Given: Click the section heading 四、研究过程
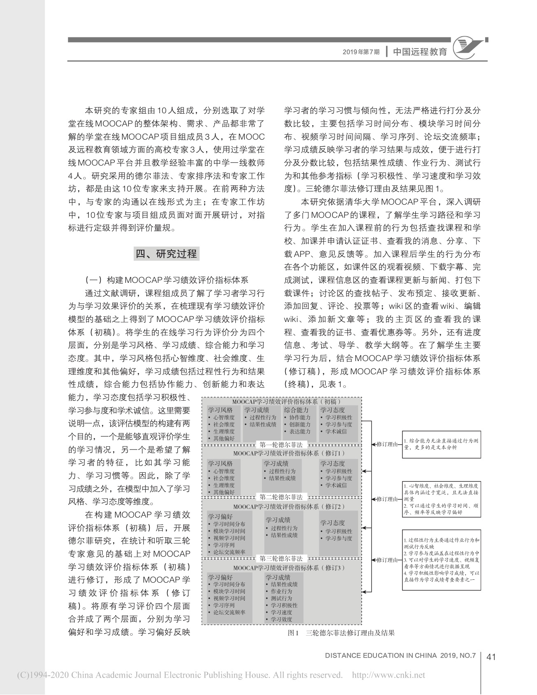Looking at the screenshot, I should pos(166,254).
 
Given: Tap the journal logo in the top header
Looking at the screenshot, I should pos(469,49).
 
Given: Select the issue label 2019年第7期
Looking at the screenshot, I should pos(361,52).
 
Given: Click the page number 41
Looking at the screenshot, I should pos(491,657).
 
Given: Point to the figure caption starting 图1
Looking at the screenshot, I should pos(341,633).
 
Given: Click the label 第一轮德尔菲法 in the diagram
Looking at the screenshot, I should pos(281,445).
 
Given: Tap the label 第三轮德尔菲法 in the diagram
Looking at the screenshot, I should pos(281,559).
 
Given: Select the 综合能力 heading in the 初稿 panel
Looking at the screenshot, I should pos(296,410).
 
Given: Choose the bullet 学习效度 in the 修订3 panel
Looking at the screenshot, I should pos(281,619).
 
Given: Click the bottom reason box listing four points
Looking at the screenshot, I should pos(442,560).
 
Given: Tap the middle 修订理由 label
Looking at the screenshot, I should pos(387,499).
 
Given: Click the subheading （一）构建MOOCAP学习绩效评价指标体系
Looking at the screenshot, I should pos(167,280).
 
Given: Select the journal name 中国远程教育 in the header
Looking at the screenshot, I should pos(420,52).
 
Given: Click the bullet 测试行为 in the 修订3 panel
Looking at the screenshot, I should pos(281,598).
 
